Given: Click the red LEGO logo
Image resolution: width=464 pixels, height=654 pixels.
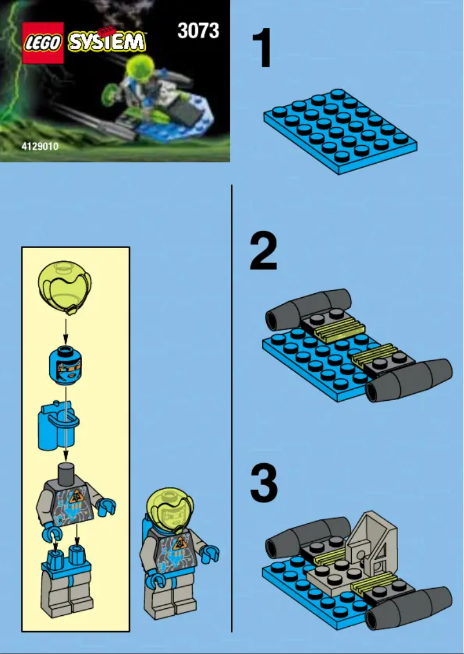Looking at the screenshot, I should [x=42, y=42].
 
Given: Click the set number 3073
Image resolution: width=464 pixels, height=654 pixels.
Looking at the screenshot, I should [x=198, y=30].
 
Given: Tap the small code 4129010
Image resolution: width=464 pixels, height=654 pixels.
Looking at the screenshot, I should [x=39, y=147].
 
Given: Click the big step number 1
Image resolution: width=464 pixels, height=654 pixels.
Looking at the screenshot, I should [x=263, y=50].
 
